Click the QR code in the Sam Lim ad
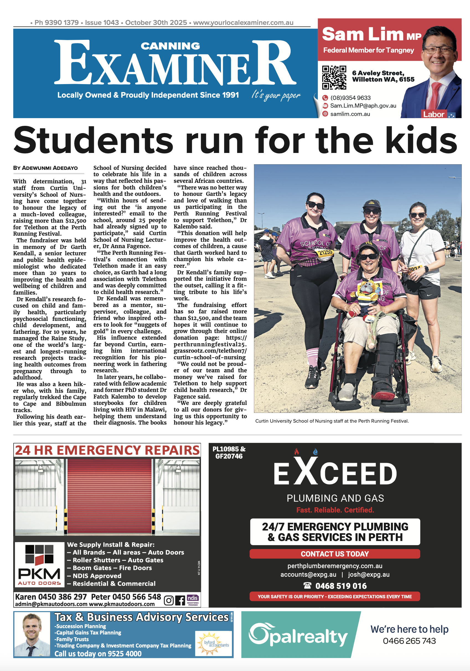(334, 78)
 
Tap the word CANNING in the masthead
(170, 46)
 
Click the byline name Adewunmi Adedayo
(50, 168)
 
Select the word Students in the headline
(93, 140)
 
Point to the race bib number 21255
(325, 252)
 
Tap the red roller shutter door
(109, 496)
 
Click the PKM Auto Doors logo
(39, 565)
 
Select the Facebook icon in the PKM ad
(180, 600)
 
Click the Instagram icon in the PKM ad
(169, 600)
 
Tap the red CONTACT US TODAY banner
(335, 554)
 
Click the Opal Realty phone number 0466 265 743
(409, 641)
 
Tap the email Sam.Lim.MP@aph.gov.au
(363, 106)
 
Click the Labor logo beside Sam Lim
(434, 114)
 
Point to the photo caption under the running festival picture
(332, 421)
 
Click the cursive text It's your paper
(276, 95)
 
